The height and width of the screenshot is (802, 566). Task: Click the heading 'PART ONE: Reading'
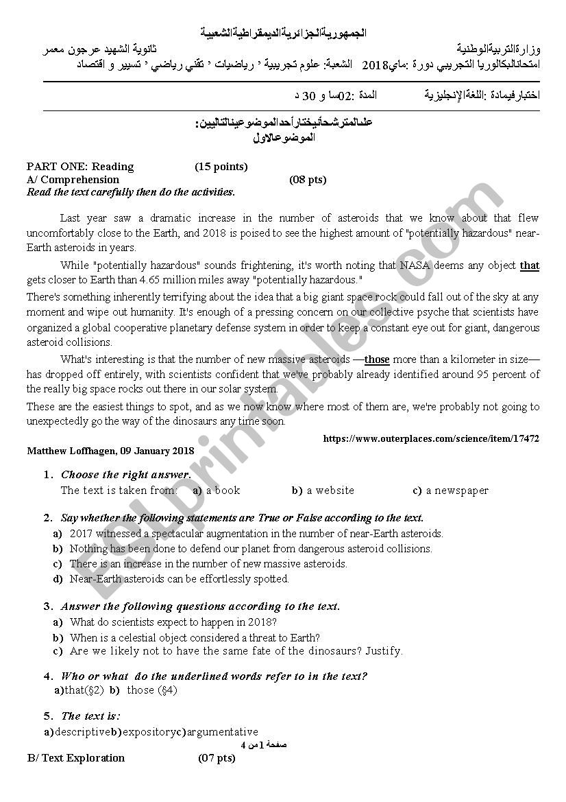[x=80, y=167]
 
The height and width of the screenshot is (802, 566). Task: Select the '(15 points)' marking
[x=221, y=167]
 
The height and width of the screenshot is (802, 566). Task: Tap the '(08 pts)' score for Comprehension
[x=308, y=180]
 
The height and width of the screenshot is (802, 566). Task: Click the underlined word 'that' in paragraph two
[x=530, y=266]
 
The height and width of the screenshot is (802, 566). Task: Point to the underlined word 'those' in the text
[x=377, y=359]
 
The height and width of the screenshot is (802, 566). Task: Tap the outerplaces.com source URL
[x=430, y=438]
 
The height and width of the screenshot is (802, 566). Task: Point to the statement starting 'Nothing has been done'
[x=251, y=549]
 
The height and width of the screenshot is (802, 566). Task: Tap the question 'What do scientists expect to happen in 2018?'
[x=173, y=622]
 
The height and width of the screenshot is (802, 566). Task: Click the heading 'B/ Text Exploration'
[x=75, y=758]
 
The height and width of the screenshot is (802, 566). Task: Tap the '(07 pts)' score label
[x=217, y=758]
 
